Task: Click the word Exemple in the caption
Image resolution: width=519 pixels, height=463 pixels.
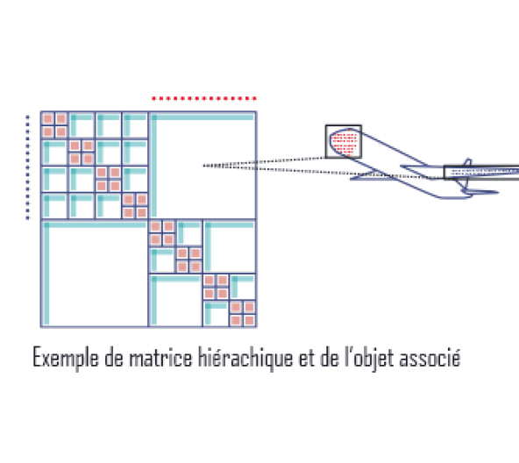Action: (66, 358)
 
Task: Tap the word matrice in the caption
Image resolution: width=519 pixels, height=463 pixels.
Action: (160, 358)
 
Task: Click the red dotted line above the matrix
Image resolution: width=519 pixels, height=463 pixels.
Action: (204, 98)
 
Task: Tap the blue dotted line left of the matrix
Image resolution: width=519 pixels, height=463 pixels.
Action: (27, 167)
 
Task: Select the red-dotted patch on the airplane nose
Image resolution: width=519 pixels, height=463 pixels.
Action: (345, 143)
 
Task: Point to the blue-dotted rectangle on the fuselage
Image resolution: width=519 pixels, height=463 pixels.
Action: (481, 173)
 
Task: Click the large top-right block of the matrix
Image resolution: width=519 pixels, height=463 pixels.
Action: (203, 165)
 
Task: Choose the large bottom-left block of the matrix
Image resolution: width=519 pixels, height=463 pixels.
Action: (95, 274)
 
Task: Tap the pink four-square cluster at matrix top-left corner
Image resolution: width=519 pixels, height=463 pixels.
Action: (54, 125)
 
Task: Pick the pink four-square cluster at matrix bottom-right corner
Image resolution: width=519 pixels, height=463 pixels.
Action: (242, 314)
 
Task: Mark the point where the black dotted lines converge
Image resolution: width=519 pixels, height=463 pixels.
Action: (203, 166)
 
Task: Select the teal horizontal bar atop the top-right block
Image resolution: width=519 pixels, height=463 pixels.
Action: (203, 117)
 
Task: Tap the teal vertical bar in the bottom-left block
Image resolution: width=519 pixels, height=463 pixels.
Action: (46, 274)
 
